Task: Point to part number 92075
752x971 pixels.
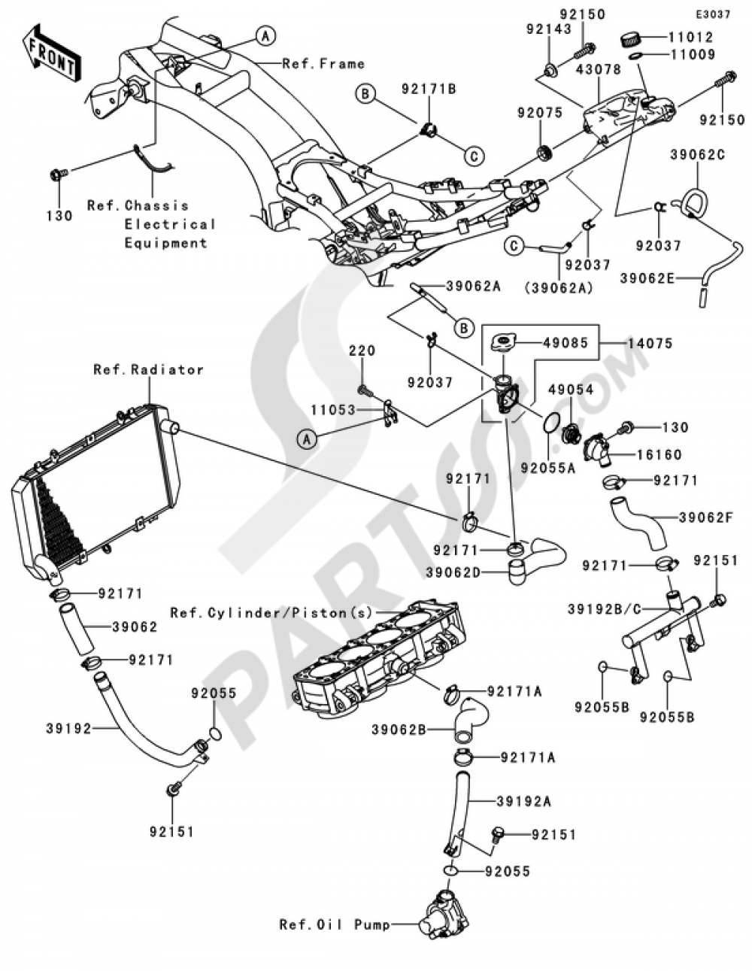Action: pos(539,113)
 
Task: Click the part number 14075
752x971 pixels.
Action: pos(648,343)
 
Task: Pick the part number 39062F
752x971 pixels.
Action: pos(705,517)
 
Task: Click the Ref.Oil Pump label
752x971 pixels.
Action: pos(335,924)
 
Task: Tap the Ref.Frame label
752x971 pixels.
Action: pos(323,64)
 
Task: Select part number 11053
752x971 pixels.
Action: pos(334,411)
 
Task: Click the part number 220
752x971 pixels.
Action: pos(361,350)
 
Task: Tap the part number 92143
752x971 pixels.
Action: pos(548,29)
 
